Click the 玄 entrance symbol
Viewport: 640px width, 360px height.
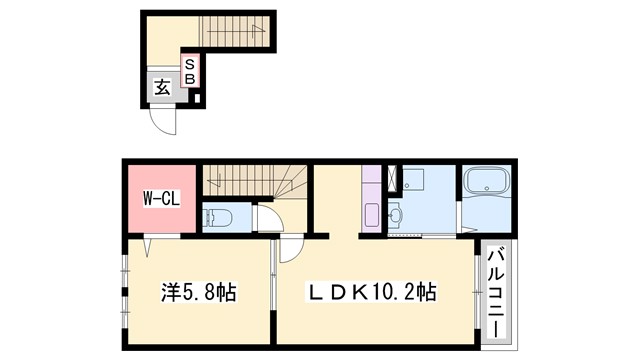tap(162, 88)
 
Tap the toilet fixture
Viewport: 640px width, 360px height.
tap(219, 217)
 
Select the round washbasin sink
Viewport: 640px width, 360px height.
tap(395, 213)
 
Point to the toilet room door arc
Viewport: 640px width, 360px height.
tap(267, 217)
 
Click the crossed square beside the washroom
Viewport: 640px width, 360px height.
tap(393, 178)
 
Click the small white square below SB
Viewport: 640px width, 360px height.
tap(197, 98)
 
